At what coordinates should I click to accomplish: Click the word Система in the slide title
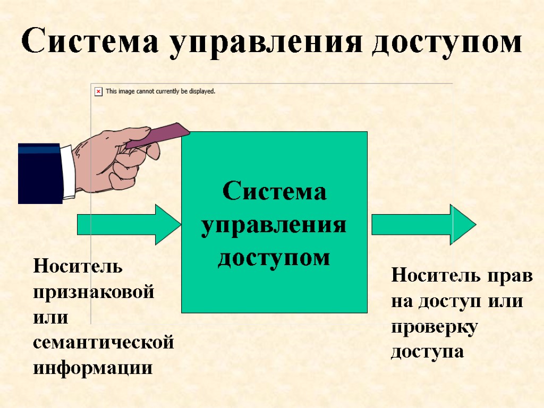click(90, 42)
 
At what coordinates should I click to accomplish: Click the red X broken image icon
click(98, 91)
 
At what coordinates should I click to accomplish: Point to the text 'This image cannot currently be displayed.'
click(160, 91)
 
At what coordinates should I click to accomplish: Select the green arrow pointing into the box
click(129, 224)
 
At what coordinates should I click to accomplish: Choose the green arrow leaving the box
click(423, 224)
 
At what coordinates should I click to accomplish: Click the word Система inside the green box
click(274, 191)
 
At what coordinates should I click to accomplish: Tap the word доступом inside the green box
click(274, 258)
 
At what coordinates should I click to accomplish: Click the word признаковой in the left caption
click(93, 293)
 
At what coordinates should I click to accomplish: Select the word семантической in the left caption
click(103, 343)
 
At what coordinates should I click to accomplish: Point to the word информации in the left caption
click(92, 368)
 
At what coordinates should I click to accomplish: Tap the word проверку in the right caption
click(435, 327)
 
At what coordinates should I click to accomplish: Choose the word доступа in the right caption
click(428, 352)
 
